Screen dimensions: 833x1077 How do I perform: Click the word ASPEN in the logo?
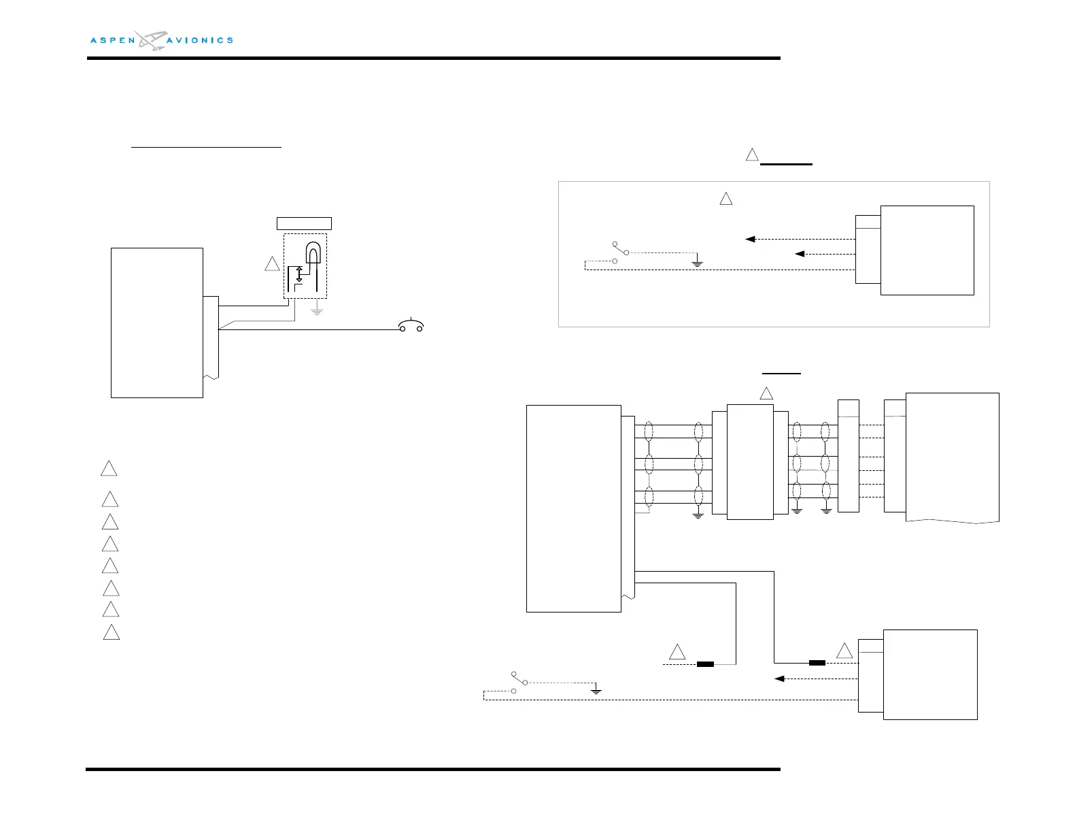click(x=113, y=41)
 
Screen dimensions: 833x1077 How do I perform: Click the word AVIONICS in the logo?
click(x=200, y=41)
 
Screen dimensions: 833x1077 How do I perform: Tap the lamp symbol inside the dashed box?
click(x=313, y=253)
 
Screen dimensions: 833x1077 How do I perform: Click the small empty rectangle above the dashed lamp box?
click(x=304, y=223)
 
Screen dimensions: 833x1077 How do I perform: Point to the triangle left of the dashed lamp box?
click(x=272, y=264)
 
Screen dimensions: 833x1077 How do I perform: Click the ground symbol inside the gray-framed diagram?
click(x=697, y=261)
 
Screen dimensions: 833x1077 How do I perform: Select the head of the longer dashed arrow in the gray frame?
click(x=750, y=240)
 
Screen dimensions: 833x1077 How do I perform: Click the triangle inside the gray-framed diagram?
click(x=725, y=199)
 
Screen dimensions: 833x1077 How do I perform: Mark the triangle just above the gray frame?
click(x=752, y=155)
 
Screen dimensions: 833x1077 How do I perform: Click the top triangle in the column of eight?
click(x=109, y=469)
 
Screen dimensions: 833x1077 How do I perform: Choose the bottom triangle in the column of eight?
click(x=112, y=633)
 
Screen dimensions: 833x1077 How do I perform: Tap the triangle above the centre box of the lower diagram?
click(x=766, y=393)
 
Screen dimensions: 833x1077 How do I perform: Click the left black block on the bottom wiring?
click(x=705, y=664)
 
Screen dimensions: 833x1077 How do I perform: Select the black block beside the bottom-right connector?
click(x=817, y=663)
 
